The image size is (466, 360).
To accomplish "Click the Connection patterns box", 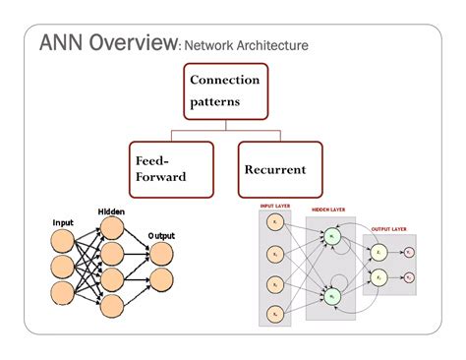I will coord(225,90).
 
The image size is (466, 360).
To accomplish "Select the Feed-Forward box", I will coord(170,168).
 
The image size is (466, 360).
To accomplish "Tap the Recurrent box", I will coord(279,168).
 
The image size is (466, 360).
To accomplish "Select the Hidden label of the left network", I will coord(110,211).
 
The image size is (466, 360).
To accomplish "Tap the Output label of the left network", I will coord(161,236).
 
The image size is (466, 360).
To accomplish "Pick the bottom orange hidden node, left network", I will coord(111,304).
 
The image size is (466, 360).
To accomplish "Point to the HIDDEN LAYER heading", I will coord(331,210).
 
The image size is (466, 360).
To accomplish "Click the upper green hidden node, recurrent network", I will coord(333,237).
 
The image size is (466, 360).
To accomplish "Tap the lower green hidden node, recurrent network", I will coord(333,296).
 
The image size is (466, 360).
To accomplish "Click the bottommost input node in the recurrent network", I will coord(274,312).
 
